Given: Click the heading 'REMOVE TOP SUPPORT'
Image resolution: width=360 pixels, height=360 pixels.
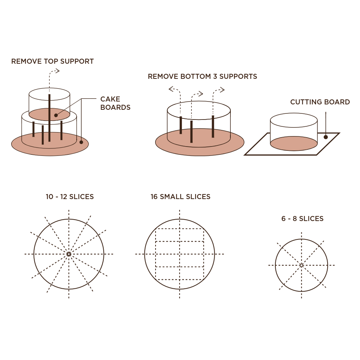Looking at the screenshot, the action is (52, 61).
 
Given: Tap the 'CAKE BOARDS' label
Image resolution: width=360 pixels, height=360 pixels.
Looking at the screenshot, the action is (115, 103).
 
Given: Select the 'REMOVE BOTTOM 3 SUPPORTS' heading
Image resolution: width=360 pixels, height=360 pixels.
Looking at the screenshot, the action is (202, 76).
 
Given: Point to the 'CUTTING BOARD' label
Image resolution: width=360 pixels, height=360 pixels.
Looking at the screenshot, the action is (320, 102).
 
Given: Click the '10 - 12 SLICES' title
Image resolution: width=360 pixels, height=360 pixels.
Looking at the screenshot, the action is (70, 197).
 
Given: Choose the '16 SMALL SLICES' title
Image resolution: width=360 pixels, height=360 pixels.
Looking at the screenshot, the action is (180, 197).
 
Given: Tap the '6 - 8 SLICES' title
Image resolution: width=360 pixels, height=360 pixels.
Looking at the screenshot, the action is (302, 219).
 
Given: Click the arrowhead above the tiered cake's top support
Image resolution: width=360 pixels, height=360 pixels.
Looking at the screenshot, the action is (58, 71).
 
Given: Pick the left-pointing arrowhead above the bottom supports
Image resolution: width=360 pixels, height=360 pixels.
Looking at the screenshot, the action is (171, 89).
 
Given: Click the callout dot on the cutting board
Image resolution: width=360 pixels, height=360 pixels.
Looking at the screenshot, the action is (325, 137).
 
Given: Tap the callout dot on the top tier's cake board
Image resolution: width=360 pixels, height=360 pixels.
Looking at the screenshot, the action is (56, 115).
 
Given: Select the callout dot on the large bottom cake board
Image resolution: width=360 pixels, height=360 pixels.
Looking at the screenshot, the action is (81, 142).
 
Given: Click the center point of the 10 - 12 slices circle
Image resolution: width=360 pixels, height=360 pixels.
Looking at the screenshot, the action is (69, 254).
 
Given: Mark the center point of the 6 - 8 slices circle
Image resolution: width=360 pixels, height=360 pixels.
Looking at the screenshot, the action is (301, 265).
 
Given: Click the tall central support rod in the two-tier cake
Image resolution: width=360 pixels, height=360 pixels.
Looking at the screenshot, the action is (49, 118).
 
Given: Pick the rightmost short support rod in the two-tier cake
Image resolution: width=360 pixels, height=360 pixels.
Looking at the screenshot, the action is (61, 130).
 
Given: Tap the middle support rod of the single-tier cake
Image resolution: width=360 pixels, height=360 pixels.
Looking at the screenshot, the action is (192, 132).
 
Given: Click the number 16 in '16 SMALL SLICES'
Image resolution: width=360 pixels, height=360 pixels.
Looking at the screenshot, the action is (154, 197).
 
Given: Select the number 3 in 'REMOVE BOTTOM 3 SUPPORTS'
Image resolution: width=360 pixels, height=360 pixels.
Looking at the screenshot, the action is (215, 76).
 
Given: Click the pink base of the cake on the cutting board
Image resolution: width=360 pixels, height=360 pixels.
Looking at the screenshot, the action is (294, 144).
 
